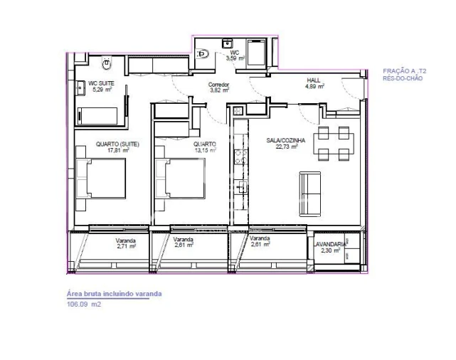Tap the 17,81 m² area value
tap(117, 150)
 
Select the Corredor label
tap(218, 84)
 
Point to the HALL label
tap(314, 80)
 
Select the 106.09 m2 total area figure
tap(84, 304)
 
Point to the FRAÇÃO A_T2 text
tap(404, 72)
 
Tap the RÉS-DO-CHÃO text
tap(402, 78)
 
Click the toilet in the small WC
tap(203, 52)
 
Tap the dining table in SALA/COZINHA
tap(334, 143)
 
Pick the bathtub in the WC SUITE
tap(99, 115)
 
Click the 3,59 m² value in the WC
tap(235, 58)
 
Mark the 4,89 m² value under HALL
tap(314, 87)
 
